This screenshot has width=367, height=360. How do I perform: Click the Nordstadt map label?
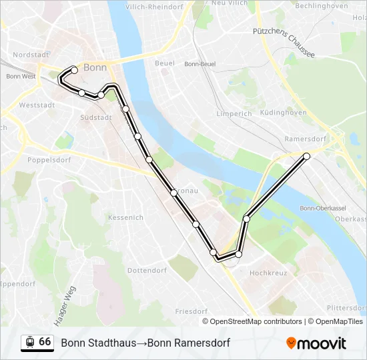(x=31, y=55)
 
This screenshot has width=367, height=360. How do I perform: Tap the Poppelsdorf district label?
(x=49, y=160)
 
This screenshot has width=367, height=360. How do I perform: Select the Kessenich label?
(x=125, y=217)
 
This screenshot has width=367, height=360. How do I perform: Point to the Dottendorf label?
(x=147, y=271)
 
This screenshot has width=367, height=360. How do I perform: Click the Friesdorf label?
(x=192, y=311)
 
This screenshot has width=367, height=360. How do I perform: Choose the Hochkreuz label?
(x=268, y=273)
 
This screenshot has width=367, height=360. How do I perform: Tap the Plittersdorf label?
(x=347, y=308)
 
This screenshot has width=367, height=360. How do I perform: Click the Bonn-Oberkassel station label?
(x=322, y=208)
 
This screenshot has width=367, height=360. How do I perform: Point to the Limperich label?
(x=234, y=113)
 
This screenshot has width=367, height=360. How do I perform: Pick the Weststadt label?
(x=36, y=105)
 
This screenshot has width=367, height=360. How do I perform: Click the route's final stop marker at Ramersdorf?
(x=307, y=156)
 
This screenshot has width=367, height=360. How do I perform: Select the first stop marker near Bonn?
(x=74, y=69)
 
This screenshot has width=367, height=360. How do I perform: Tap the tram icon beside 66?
(x=29, y=342)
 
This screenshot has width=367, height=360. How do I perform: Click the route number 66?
(x=45, y=342)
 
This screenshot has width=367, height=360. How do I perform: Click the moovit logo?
(x=316, y=343)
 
